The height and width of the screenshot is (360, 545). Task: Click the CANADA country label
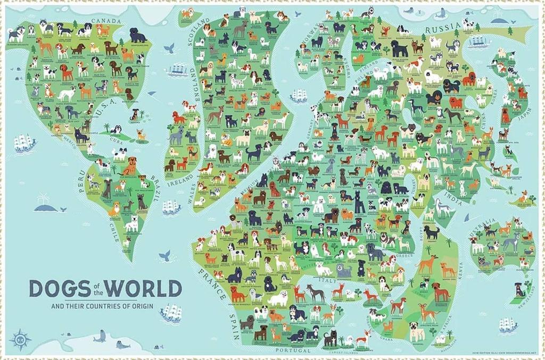[107, 22]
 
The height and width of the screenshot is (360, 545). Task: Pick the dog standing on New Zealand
[517, 289]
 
